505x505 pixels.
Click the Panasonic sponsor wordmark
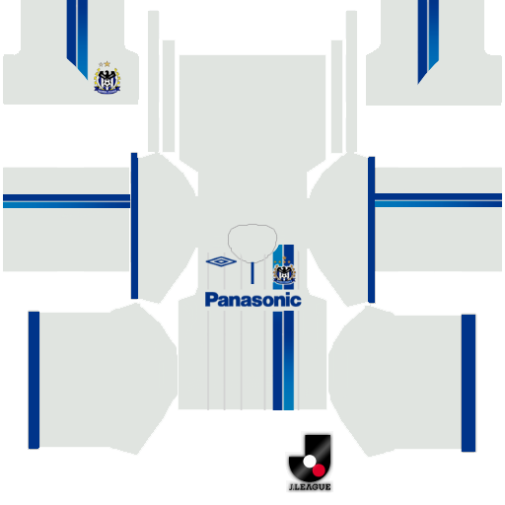pyautogui.click(x=252, y=300)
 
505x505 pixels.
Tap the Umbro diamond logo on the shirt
pyautogui.click(x=221, y=261)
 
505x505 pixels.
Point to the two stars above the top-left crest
pyautogui.click(x=105, y=64)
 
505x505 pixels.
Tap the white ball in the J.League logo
pyautogui.click(x=309, y=462)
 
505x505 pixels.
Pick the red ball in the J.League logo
pyautogui.click(x=319, y=470)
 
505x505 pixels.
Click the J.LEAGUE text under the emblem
pyautogui.click(x=310, y=487)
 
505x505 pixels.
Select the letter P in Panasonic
pyautogui.click(x=211, y=300)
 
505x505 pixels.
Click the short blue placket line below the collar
pyautogui.click(x=252, y=273)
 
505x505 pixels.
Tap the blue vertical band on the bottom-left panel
pyautogui.click(x=34, y=380)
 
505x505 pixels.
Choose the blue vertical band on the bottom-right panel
pyautogui.click(x=469, y=383)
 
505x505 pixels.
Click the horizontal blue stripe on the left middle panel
pyautogui.click(x=66, y=201)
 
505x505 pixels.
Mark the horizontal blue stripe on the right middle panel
pyautogui.click(x=438, y=200)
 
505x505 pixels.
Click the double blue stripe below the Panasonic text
pyautogui.click(x=283, y=361)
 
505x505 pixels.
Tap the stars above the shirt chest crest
pyautogui.click(x=283, y=261)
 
